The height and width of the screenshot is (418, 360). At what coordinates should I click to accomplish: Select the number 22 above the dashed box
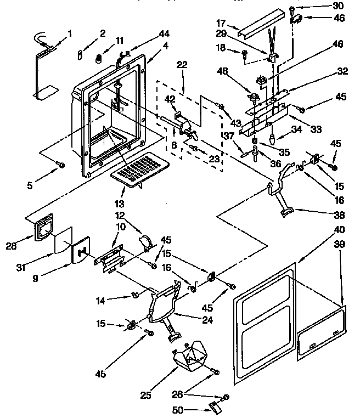pos(182,65)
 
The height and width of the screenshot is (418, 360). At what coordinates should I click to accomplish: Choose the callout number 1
pos(70,33)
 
